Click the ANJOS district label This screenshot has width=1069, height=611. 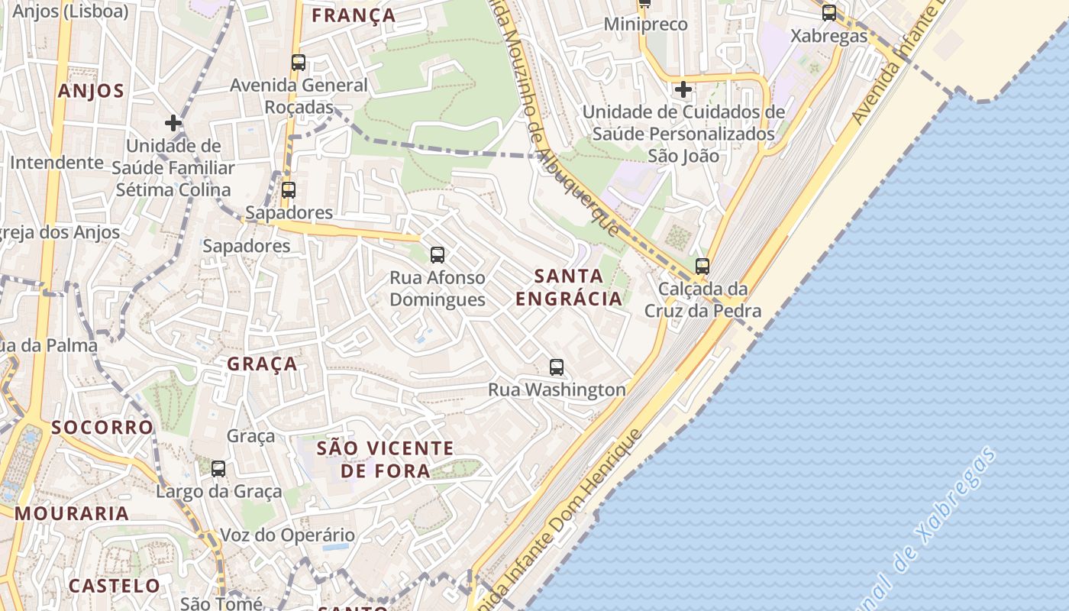coord(91,92)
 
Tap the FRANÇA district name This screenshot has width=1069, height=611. coord(354,15)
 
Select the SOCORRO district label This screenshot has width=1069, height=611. coord(102,427)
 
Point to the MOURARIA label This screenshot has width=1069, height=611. coord(72,513)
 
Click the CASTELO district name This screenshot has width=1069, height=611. coord(115,586)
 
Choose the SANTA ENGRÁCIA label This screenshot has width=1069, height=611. coord(569,287)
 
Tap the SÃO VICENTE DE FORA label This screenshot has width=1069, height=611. coord(385,459)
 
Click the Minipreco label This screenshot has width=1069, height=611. coord(645,24)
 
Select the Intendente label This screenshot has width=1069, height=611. coord(57,162)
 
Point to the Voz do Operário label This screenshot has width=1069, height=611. coord(287,535)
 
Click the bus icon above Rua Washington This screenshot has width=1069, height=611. coord(557,367)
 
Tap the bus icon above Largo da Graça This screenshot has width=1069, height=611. coord(218,468)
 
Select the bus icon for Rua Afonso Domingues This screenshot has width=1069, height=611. coord(437,254)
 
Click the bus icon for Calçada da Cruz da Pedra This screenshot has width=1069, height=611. coord(702,266)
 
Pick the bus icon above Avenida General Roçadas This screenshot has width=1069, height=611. coord(299,63)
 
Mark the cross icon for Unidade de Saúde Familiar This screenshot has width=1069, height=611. coord(173,122)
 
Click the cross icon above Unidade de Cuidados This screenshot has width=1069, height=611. coord(683,89)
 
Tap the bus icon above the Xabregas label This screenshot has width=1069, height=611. coord(828,12)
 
